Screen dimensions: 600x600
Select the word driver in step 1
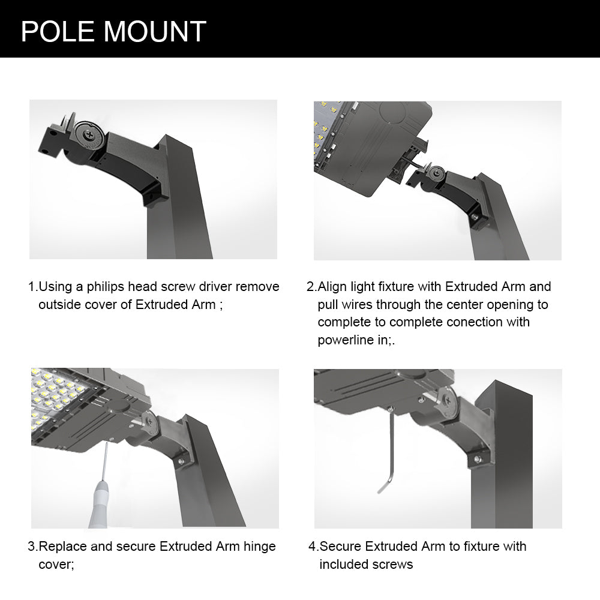pos(261,287)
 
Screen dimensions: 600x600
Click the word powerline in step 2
pos(344,340)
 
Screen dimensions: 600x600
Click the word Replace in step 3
pos(61,547)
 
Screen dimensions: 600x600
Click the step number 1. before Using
pos(33,287)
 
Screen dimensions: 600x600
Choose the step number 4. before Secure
pos(313,547)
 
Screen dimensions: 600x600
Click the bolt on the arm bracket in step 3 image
pos(180,461)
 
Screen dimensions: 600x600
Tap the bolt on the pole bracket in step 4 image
pos(477,459)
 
